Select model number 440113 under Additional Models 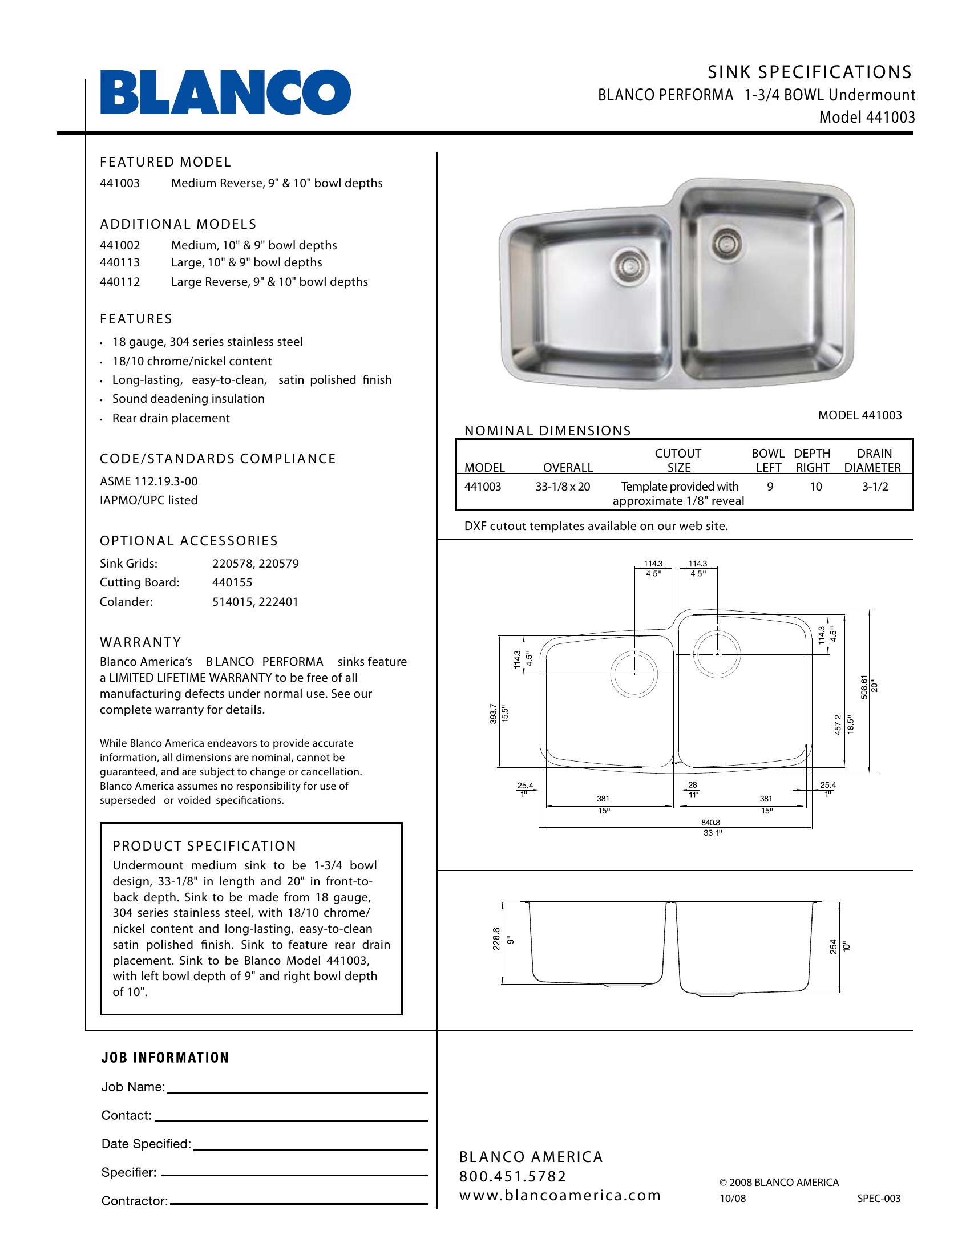click(119, 262)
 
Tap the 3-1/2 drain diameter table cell click(875, 487)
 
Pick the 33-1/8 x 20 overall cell click(563, 487)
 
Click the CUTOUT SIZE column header click(678, 460)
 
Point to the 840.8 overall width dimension click(712, 822)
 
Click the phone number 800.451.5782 click(512, 1176)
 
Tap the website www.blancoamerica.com click(560, 1196)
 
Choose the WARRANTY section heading click(140, 642)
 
